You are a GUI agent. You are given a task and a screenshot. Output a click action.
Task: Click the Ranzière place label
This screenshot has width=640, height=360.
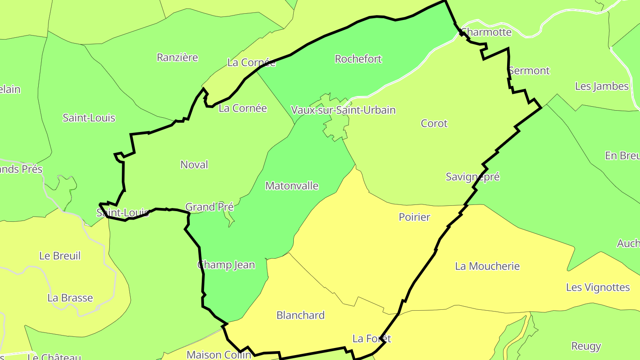click(x=177, y=57)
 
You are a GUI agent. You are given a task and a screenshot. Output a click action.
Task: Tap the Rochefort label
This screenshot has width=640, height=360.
click(x=358, y=59)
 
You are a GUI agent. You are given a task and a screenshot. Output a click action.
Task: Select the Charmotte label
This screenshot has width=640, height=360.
click(x=486, y=32)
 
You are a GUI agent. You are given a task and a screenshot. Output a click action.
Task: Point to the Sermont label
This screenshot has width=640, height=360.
click(x=529, y=71)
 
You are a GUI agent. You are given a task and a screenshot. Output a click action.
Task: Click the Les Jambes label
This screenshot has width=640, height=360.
click(x=602, y=86)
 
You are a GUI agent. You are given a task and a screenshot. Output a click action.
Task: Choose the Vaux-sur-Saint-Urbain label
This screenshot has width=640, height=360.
click(x=343, y=110)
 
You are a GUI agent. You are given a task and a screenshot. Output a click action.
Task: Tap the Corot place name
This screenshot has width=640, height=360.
click(x=434, y=124)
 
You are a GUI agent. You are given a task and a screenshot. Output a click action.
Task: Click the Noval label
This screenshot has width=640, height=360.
click(x=194, y=165)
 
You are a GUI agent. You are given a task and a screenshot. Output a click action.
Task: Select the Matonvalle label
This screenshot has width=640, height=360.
click(x=292, y=186)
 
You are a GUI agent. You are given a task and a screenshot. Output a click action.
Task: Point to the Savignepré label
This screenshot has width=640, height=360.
click(x=472, y=177)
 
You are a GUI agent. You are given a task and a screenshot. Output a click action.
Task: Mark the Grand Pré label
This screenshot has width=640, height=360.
click(x=209, y=207)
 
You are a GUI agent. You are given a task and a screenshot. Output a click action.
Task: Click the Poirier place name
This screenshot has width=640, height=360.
click(x=415, y=217)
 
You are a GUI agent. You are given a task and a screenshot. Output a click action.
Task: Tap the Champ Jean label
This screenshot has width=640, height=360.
click(x=226, y=265)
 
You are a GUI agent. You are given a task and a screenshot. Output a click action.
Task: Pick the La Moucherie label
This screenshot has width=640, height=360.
click(x=487, y=266)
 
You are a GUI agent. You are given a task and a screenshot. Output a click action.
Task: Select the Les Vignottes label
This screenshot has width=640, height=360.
click(x=598, y=288)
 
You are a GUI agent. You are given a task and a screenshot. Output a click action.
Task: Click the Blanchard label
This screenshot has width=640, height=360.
click(x=300, y=315)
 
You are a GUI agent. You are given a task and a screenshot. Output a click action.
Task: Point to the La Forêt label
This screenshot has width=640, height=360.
click(x=372, y=339)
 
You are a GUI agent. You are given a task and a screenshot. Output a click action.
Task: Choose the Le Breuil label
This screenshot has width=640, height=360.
click(x=60, y=256)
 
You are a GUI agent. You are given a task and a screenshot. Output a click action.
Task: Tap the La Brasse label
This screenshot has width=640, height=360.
click(x=70, y=298)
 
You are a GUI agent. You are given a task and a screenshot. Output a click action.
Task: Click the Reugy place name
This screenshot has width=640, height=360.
click(x=586, y=346)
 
